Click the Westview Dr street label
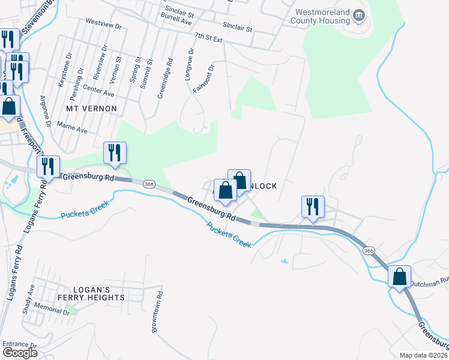[103, 27]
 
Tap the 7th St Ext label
[208, 38]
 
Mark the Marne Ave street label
[72, 127]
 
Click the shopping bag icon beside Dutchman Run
[400, 277]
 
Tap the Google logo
[20, 353]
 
